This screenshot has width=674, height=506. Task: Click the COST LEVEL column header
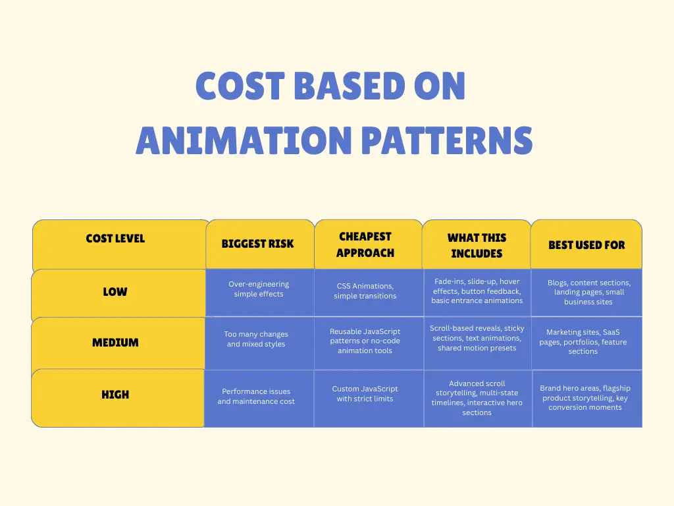click(115, 239)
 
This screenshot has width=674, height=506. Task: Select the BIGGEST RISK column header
click(258, 244)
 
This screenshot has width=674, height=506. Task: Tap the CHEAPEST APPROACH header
click(365, 244)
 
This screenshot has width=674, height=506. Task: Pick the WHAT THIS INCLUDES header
click(477, 246)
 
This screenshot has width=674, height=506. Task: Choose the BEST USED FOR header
click(586, 245)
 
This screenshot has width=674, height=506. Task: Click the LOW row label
click(115, 292)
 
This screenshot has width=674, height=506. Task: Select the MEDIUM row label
click(115, 343)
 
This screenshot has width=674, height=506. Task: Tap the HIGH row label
click(115, 395)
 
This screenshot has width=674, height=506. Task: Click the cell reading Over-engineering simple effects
click(259, 289)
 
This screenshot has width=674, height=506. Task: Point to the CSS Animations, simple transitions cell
click(365, 291)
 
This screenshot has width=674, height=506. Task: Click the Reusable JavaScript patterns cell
click(365, 341)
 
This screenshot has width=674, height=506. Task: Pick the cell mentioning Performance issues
click(256, 397)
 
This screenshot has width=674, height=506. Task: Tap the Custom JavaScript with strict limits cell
click(365, 394)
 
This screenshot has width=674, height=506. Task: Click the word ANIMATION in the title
click(244, 140)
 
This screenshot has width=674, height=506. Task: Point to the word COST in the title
click(240, 86)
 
